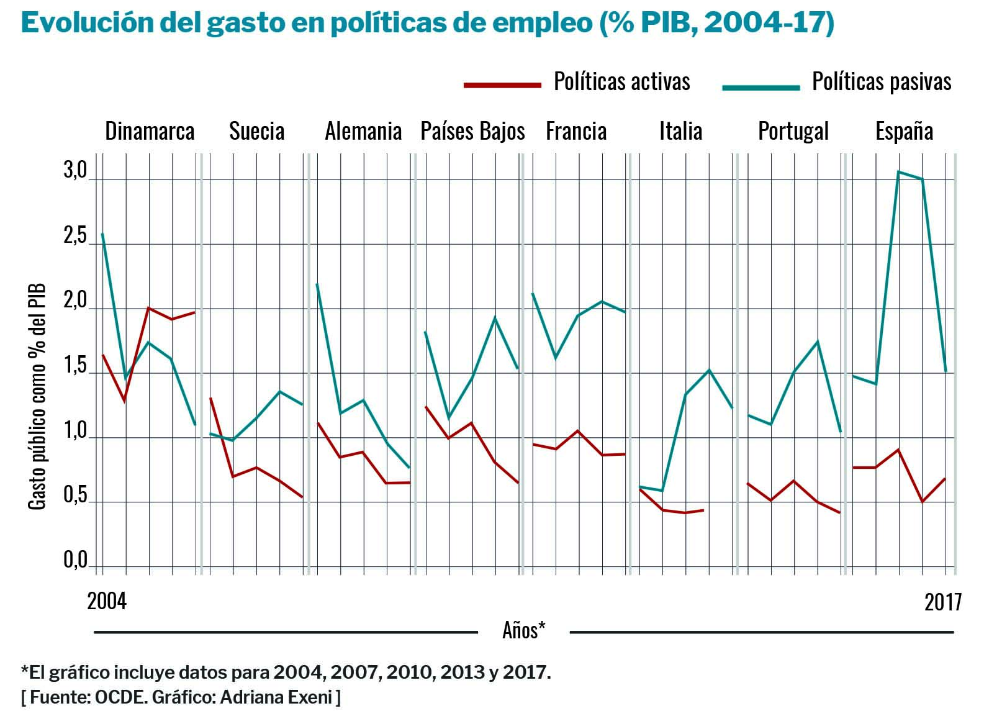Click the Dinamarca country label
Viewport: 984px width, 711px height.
(x=150, y=131)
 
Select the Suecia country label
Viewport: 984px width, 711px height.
(x=256, y=131)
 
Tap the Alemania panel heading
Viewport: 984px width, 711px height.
(x=363, y=131)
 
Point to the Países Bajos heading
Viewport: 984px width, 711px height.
(x=472, y=131)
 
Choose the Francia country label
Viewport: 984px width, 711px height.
(x=576, y=131)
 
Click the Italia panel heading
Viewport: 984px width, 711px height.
(x=680, y=131)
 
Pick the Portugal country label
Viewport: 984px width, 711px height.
(x=793, y=131)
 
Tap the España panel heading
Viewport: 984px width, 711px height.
(x=904, y=131)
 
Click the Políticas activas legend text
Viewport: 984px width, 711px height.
(x=621, y=82)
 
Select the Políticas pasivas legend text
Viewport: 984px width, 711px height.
(x=882, y=82)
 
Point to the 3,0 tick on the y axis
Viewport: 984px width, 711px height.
(x=75, y=171)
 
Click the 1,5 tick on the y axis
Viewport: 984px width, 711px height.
(x=75, y=366)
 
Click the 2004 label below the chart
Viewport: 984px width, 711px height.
(x=107, y=601)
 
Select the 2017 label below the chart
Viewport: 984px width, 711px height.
(x=942, y=602)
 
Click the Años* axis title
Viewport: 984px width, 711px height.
(x=523, y=630)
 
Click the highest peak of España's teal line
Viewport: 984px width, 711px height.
(x=898, y=171)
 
